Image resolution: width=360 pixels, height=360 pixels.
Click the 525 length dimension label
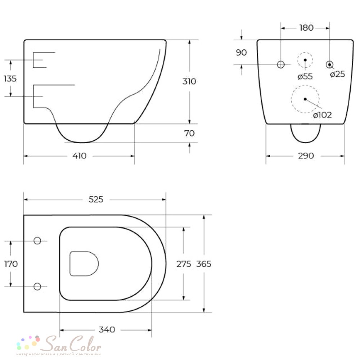(x=96, y=199)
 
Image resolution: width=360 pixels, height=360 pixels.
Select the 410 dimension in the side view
(x=80, y=156)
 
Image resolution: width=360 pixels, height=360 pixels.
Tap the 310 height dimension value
(x=189, y=81)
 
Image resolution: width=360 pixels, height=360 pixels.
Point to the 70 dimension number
(x=189, y=133)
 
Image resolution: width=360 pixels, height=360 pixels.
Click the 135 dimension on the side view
(x=10, y=78)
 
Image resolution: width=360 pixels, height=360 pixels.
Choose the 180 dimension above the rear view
(x=306, y=28)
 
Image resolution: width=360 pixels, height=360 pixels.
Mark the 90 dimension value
(x=241, y=53)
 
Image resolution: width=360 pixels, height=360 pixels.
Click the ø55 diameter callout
(x=305, y=76)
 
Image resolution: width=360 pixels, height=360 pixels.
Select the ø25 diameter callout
(x=338, y=74)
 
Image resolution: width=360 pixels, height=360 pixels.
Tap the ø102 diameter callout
(x=322, y=115)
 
